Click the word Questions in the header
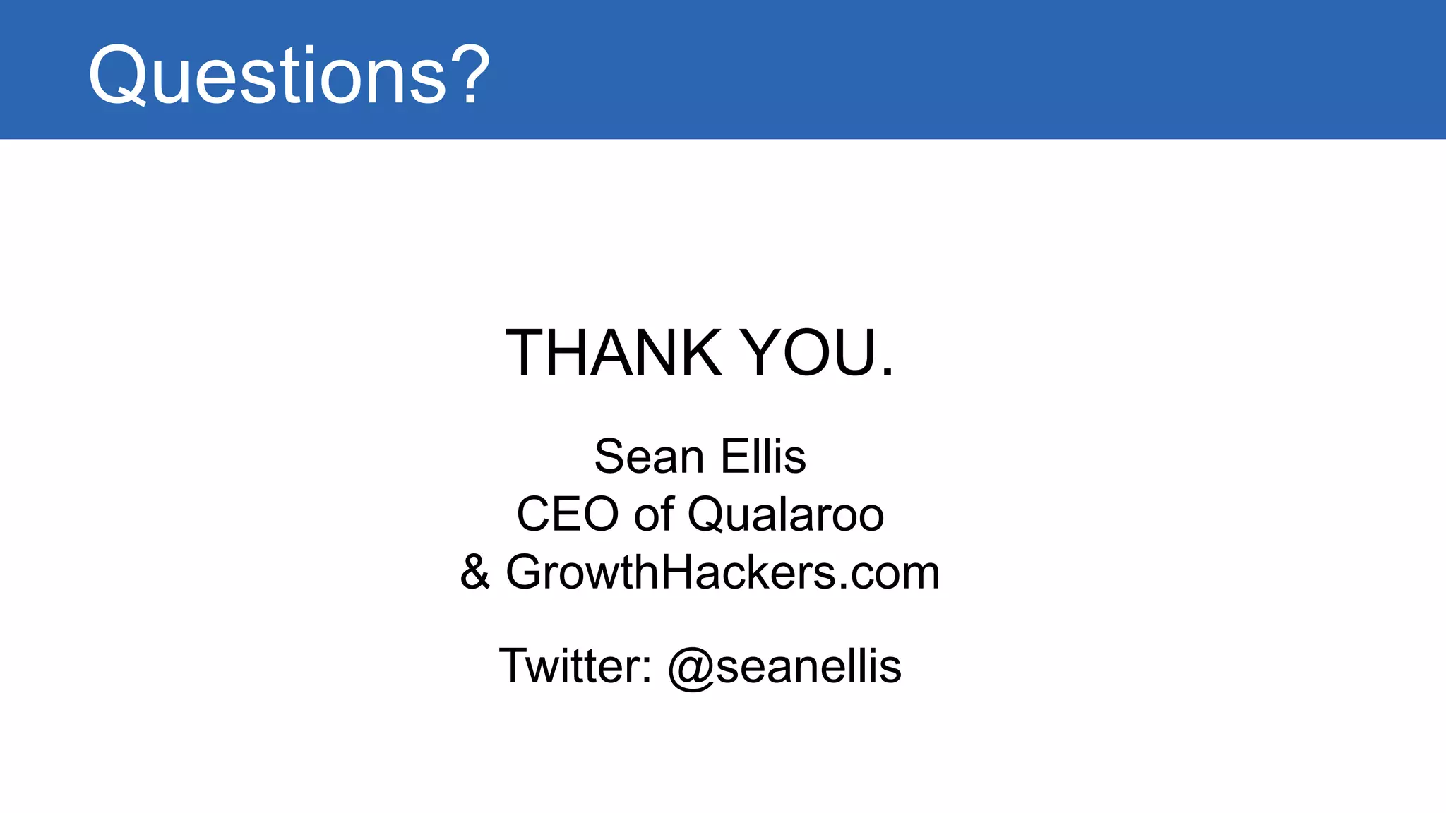[268, 75]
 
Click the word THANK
[614, 353]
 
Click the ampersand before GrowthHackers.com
[475, 572]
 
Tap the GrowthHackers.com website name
[723, 572]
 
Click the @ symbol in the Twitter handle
[691, 668]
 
